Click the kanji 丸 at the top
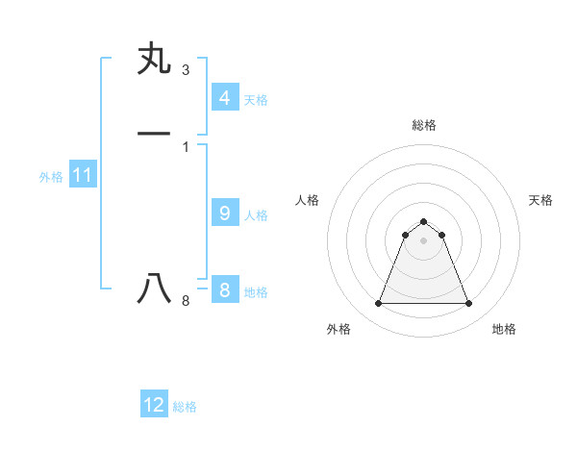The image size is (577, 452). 154,60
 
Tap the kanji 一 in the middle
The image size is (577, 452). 154,133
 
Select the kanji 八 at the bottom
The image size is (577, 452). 154,289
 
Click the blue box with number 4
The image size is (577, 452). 224,98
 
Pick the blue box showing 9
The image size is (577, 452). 224,213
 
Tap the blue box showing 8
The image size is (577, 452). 224,290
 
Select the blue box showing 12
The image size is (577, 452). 154,405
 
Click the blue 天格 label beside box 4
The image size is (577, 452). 256,100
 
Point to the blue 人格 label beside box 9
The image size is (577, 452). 256,215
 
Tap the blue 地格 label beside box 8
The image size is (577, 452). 256,292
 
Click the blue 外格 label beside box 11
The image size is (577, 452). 51,177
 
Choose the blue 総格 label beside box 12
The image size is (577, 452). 185,407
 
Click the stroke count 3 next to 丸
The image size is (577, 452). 185,70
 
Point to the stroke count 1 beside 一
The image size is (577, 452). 185,146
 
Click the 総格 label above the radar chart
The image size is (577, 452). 424,125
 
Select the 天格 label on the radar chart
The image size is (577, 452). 540,200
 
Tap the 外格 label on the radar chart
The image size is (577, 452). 339,329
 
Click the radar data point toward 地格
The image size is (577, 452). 469,304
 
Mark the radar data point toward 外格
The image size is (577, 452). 378,304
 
